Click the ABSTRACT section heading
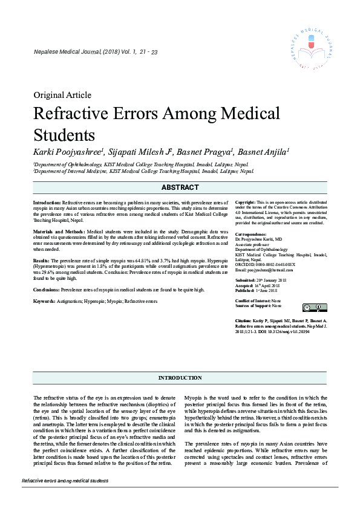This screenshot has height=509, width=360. coord(180,188)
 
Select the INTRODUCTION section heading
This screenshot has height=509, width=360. coord(180,378)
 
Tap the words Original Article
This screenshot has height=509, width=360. coord(62,95)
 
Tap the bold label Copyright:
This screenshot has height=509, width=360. coord(245,202)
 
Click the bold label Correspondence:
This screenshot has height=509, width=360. coord(250,234)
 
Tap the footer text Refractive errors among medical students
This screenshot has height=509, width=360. coord(65,481)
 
